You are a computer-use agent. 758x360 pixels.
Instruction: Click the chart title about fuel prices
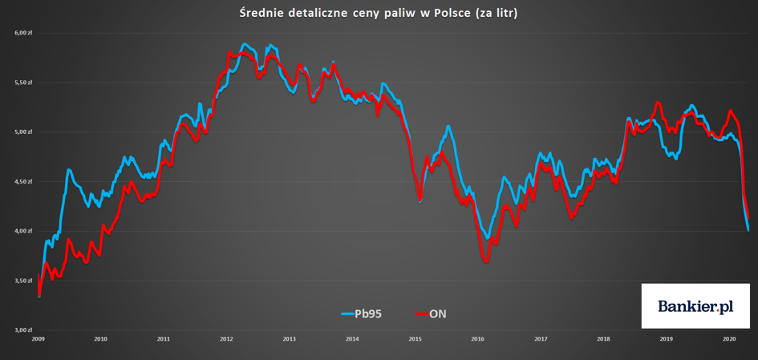[x=379, y=14]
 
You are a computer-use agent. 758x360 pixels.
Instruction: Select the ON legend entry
[x=432, y=313]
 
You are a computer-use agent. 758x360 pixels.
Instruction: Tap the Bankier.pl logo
[x=695, y=305]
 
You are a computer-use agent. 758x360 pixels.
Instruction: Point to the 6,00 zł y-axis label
[x=23, y=33]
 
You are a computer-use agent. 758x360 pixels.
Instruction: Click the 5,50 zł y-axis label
[x=23, y=83]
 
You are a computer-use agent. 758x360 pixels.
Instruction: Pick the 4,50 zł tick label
[x=23, y=182]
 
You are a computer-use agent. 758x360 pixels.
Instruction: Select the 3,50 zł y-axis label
[x=23, y=281]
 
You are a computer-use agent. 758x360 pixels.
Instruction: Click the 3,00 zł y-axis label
[x=23, y=330]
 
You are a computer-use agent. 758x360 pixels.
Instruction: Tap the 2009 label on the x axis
[x=38, y=338]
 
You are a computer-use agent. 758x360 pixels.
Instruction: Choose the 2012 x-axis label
[x=226, y=338]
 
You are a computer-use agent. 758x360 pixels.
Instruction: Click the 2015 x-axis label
[x=415, y=338]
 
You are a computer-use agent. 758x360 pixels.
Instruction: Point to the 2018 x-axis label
[x=603, y=338]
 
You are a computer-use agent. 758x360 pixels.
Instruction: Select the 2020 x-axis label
[x=729, y=338]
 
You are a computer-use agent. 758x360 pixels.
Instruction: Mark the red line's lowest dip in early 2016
[x=486, y=261]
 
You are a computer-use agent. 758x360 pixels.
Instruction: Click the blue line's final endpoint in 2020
[x=748, y=230]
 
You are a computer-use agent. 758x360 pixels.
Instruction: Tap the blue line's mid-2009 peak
[x=69, y=170]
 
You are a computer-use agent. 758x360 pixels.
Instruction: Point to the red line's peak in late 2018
[x=658, y=103]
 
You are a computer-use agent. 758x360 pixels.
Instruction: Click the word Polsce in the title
[x=452, y=14]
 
